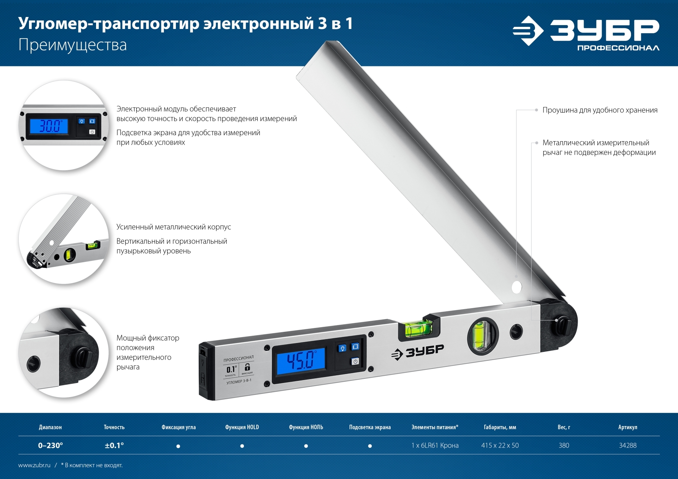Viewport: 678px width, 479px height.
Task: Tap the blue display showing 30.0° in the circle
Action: (49, 126)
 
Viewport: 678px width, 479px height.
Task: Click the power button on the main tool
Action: (355, 361)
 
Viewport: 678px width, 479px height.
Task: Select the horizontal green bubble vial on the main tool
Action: (419, 328)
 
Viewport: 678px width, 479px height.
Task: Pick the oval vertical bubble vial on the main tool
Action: (482, 335)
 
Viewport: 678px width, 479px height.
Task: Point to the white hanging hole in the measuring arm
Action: (517, 287)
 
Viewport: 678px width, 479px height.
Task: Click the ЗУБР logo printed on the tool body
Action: (417, 352)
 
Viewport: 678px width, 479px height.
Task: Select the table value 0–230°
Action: (50, 445)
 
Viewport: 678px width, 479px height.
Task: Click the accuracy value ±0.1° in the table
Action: (114, 445)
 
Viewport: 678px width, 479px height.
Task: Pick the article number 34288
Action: (628, 445)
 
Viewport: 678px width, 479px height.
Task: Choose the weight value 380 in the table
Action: (564, 445)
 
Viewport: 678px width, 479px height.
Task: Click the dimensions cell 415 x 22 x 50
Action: (500, 445)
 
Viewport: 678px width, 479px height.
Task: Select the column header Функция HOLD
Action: (242, 427)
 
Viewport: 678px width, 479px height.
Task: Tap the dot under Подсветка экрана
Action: (370, 446)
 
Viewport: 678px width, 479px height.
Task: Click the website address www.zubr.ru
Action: (34, 465)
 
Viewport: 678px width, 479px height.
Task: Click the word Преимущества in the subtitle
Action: (72, 45)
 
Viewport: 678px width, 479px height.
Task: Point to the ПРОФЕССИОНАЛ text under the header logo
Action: (618, 48)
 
